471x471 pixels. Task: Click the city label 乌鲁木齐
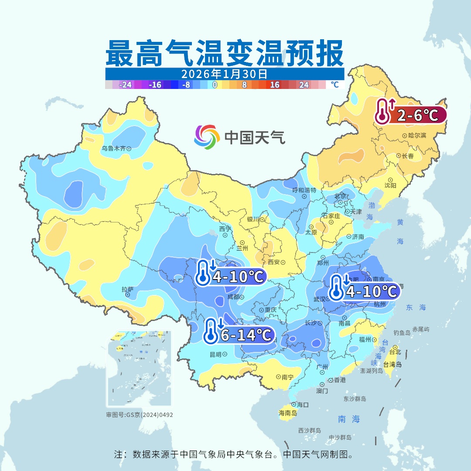[113, 149]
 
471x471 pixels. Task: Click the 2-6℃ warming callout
[410, 115]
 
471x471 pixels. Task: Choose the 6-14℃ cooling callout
[239, 335]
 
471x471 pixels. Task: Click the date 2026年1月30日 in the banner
[224, 73]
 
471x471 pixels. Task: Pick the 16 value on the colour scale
[275, 85]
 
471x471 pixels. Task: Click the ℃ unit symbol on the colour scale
[334, 85]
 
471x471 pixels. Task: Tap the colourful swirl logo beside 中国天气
[207, 137]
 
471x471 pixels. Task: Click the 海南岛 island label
[288, 413]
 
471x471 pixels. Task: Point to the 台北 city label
[394, 352]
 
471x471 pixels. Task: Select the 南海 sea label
[349, 420]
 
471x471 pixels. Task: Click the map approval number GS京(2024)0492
[139, 415]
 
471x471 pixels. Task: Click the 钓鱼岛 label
[401, 333]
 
